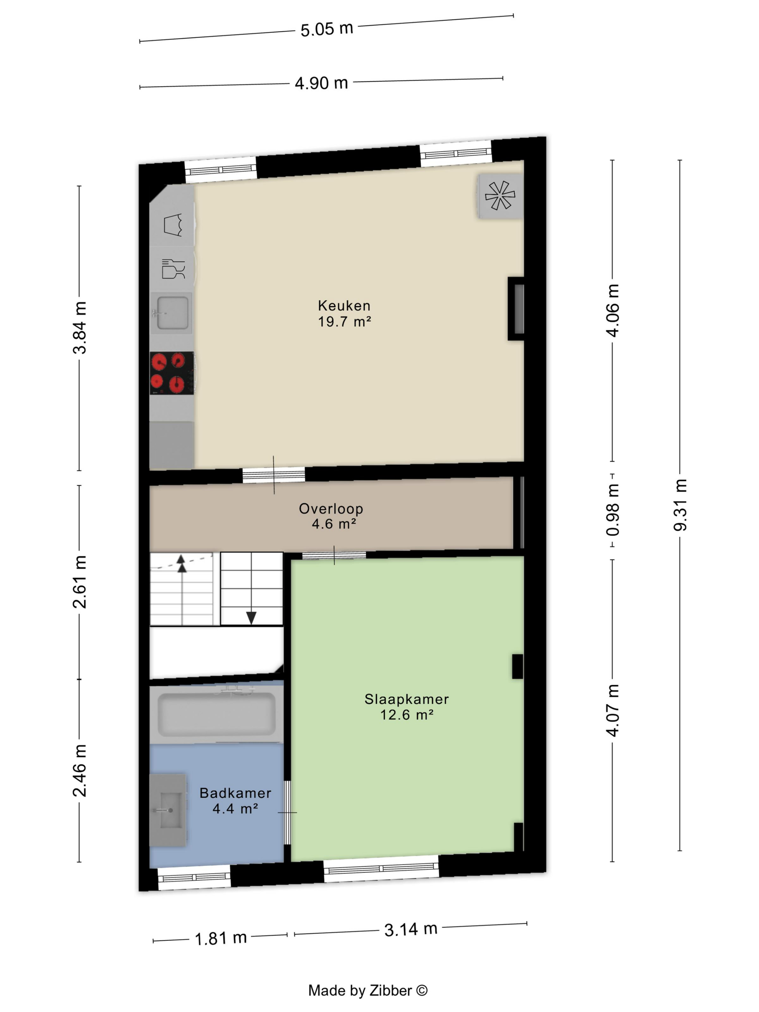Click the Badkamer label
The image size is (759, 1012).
click(x=235, y=793)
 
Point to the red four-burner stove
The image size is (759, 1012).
click(x=172, y=373)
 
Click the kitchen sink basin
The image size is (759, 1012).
click(x=172, y=313)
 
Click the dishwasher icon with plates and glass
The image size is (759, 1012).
click(x=173, y=269)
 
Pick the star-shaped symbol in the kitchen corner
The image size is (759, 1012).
click(x=500, y=196)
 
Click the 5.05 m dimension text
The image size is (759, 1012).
click(x=327, y=29)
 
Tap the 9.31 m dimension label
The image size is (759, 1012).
click(x=680, y=505)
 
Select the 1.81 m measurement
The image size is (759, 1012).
click(x=220, y=938)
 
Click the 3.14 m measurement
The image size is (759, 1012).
click(x=411, y=929)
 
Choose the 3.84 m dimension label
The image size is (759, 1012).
click(x=79, y=327)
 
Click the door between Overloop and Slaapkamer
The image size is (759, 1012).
click(x=334, y=556)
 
